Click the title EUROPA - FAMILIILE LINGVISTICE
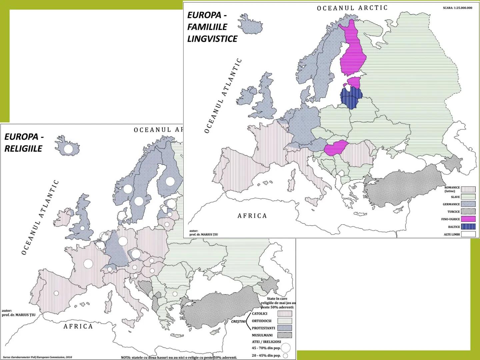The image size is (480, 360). point(212,27)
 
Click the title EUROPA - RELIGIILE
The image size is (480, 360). point(24,143)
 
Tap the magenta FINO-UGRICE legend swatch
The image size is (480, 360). point(468,219)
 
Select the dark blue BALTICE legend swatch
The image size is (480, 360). point(468,227)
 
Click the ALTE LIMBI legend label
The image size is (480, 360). point(451,234)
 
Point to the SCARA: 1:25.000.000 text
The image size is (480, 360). point(457,8)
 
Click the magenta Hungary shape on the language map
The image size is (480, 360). point(336,148)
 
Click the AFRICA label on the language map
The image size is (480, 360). point(252,216)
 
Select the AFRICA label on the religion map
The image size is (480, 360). point(78,326)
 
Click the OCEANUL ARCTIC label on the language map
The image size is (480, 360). point(352,8)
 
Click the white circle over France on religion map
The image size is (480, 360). point(88,264)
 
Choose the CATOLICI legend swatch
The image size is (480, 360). point(285,314)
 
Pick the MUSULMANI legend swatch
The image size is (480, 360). point(285,335)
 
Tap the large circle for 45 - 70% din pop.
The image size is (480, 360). point(286,348)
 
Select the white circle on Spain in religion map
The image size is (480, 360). point(56,293)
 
